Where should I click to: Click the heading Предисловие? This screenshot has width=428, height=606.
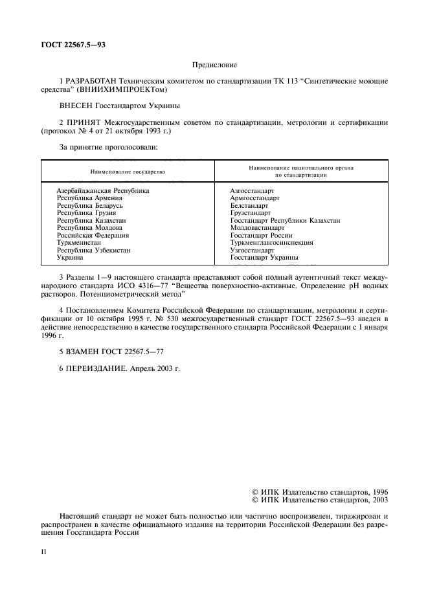click(x=215, y=65)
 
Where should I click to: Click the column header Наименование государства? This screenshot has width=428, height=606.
click(x=128, y=172)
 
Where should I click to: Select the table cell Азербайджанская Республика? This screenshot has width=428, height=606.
click(x=103, y=191)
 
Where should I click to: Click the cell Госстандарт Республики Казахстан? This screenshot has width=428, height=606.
click(x=285, y=221)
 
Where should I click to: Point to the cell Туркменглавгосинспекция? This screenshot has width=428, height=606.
click(x=271, y=243)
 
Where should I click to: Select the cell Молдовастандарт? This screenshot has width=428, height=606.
click(x=257, y=228)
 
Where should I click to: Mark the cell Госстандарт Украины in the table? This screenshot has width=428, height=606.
click(x=264, y=258)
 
